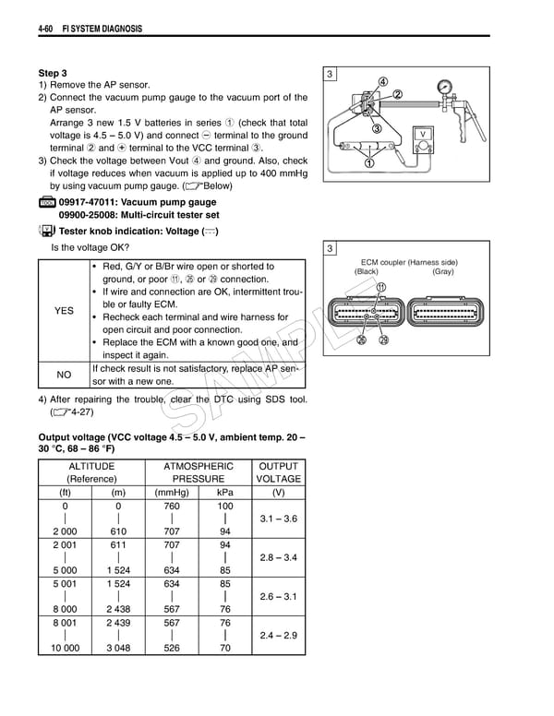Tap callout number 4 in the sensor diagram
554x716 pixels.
[382, 81]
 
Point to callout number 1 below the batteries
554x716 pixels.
[370, 164]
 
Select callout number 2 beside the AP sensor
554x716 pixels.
[398, 94]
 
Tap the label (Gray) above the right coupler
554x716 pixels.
[442, 272]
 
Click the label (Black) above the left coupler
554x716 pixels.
[367, 272]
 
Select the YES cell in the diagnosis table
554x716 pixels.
[64, 311]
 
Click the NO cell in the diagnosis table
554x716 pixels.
[64, 375]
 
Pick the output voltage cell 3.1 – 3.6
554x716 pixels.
[278, 519]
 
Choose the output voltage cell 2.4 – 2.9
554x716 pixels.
[278, 636]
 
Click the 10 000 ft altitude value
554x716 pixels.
[66, 649]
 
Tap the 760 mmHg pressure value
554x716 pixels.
[171, 507]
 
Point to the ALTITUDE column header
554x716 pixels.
[91, 467]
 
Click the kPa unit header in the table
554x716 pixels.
[225, 493]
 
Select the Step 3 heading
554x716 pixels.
[53, 73]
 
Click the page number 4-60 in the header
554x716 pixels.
[48, 30]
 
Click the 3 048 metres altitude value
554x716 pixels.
[118, 649]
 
